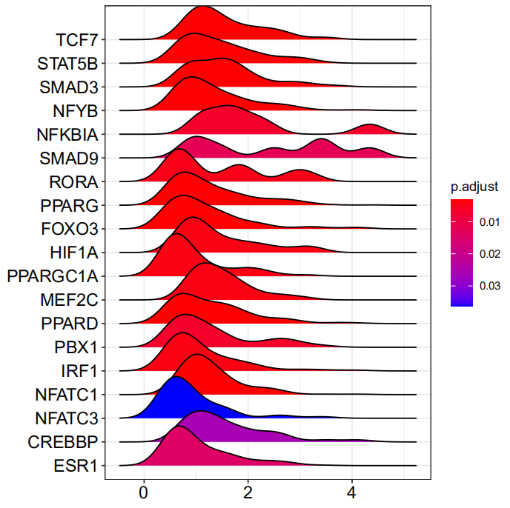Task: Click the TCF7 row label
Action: (x=77, y=40)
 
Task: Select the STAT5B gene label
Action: (x=67, y=64)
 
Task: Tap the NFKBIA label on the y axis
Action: (x=67, y=135)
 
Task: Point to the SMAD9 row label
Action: (x=69, y=158)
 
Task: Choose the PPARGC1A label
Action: (x=53, y=276)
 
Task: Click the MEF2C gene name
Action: (x=69, y=300)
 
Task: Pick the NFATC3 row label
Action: (x=67, y=418)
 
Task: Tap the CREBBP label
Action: (x=63, y=442)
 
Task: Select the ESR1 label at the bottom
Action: (x=76, y=466)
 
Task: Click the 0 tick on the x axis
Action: (x=144, y=492)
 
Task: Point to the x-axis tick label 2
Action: (x=248, y=492)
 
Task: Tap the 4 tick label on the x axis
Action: (x=351, y=492)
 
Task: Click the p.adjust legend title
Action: (x=474, y=187)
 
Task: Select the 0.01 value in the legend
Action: (x=489, y=222)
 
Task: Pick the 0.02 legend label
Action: (x=489, y=254)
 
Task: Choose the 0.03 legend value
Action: (x=489, y=286)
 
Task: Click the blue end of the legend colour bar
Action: (x=462, y=303)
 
